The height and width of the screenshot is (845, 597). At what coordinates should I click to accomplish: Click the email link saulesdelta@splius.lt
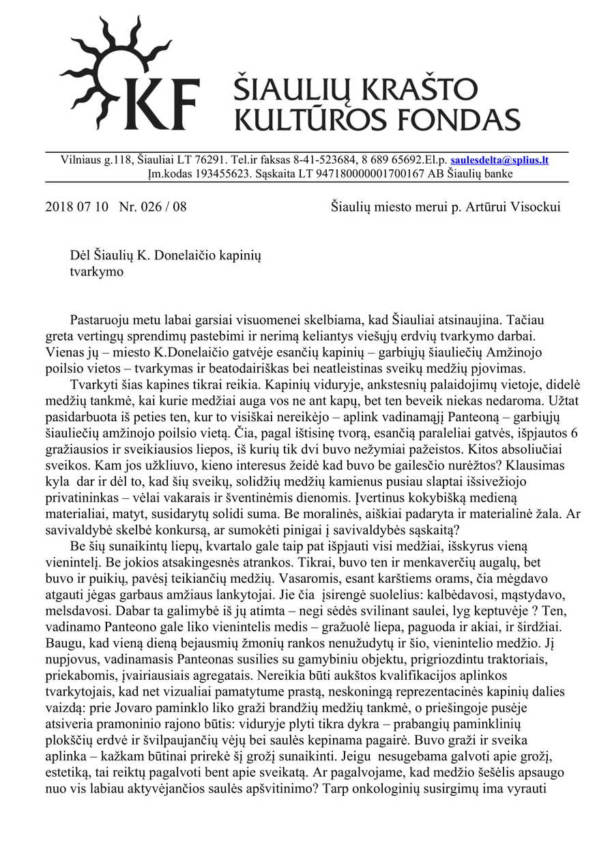coord(499,160)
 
